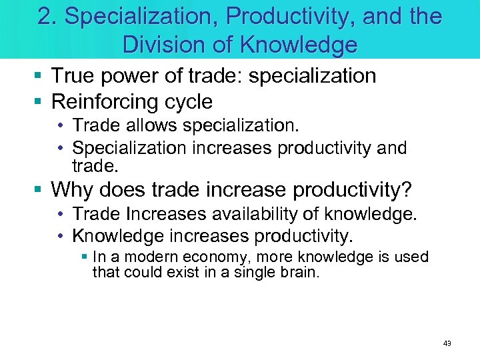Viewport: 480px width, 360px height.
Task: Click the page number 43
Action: tap(447, 343)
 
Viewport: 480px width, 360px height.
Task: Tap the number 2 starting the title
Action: tap(45, 16)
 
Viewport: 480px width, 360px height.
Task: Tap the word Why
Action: tap(73, 190)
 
